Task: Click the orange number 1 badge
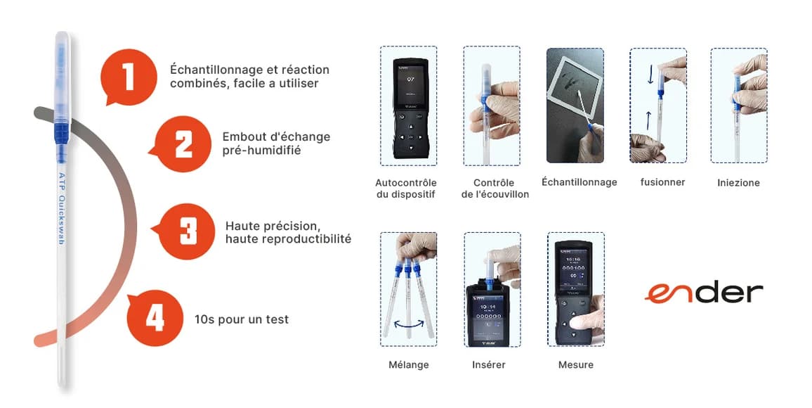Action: pos(129,77)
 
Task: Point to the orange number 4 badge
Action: pos(155,318)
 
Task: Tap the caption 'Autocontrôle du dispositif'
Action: pos(407,189)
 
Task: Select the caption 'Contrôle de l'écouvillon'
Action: pos(495,189)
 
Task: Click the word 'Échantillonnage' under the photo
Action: pos(579,182)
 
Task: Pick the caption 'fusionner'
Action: pos(662,182)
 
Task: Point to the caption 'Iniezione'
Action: pos(738,183)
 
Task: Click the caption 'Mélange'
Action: pos(408,365)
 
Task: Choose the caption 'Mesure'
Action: pos(575,365)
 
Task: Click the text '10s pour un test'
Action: pos(242,319)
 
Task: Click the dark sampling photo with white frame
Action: pos(575,106)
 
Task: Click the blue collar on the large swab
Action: pos(61,130)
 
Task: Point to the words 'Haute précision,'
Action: pos(273,226)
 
